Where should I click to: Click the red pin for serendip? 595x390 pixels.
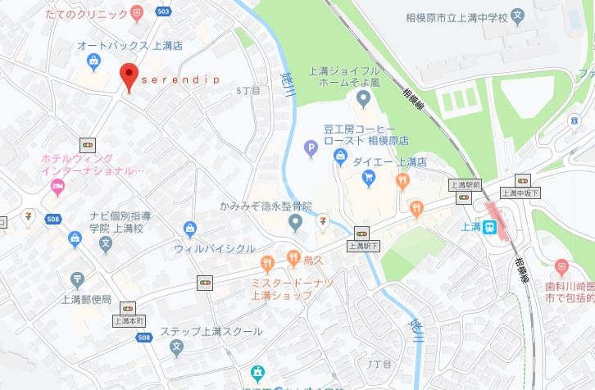click(128, 76)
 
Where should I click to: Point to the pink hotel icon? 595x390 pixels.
click(57, 188)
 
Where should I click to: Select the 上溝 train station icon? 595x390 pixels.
click(489, 229)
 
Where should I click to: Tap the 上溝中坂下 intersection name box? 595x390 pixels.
click(520, 193)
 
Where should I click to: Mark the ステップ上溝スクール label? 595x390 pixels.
click(211, 331)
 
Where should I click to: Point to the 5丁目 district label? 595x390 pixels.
click(247, 90)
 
